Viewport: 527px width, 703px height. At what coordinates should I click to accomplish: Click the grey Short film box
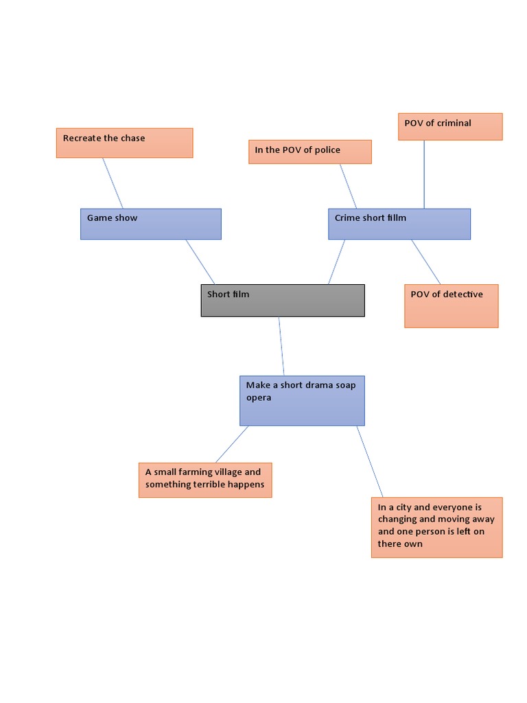pyautogui.click(x=283, y=301)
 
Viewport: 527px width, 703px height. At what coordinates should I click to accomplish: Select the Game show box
pyautogui.click(x=151, y=224)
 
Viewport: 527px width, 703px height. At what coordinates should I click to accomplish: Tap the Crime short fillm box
pyautogui.click(x=399, y=224)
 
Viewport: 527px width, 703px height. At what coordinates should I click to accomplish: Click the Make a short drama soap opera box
pyautogui.click(x=302, y=400)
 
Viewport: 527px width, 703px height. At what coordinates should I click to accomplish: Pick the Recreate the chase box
pyautogui.click(x=124, y=143)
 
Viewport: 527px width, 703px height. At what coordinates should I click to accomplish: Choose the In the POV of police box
pyautogui.click(x=309, y=152)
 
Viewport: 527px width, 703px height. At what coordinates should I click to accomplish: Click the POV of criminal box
pyautogui.click(x=450, y=126)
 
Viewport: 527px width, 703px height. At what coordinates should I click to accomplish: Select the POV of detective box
pyautogui.click(x=451, y=306)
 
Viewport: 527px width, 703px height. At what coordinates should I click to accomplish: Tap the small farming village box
pyautogui.click(x=205, y=480)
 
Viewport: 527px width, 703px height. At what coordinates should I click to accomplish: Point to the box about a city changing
pyautogui.click(x=436, y=527)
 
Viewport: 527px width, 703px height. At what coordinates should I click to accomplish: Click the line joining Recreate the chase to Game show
pyautogui.click(x=113, y=183)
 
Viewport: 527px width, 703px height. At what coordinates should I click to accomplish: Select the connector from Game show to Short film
pyautogui.click(x=200, y=262)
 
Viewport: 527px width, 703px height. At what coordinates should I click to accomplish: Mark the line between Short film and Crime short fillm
pyautogui.click(x=336, y=262)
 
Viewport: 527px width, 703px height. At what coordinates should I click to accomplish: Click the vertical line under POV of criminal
pyautogui.click(x=423, y=174)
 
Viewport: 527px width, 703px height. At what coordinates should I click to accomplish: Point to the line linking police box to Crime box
pyautogui.click(x=349, y=186)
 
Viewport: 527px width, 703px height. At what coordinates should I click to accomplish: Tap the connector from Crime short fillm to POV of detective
pyautogui.click(x=425, y=262)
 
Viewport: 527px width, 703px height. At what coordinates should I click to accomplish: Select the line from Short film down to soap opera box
pyautogui.click(x=281, y=346)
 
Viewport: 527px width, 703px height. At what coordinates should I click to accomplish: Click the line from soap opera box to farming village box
pyautogui.click(x=232, y=444)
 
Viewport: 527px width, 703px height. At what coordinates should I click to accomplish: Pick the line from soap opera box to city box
pyautogui.click(x=370, y=461)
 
